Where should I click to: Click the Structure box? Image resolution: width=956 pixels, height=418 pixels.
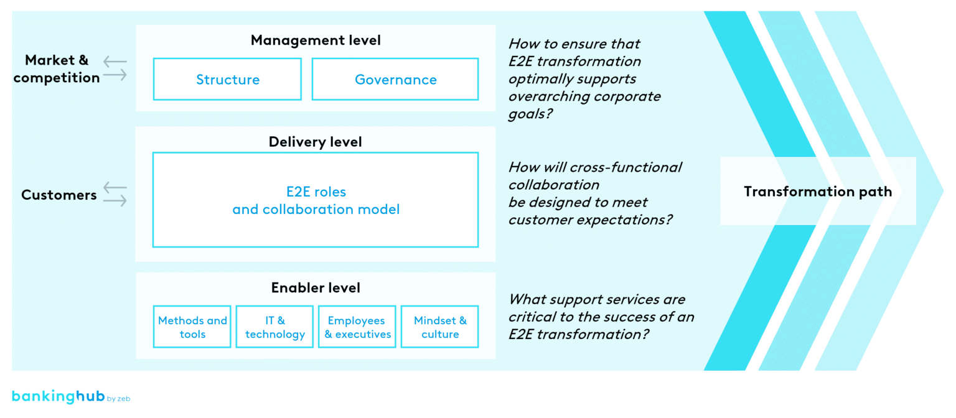pos(227,79)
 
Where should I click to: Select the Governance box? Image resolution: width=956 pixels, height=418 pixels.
pos(395,79)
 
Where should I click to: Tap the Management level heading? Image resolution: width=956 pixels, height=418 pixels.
pos(316,40)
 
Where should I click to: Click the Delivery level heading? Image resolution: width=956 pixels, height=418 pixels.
pos(316,142)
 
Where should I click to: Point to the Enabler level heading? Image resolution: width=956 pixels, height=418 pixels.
pos(316,288)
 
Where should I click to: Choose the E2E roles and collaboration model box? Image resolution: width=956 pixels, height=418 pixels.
pos(316,200)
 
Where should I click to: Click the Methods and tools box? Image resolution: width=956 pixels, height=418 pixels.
pos(192,327)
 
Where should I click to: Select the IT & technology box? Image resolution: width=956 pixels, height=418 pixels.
pos(274,327)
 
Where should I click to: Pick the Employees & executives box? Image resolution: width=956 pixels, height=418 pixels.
pos(357,327)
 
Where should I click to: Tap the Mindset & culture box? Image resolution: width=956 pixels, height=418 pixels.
pos(440,327)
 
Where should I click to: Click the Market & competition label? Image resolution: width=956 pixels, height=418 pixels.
pos(57,69)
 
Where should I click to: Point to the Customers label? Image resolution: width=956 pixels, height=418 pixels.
pos(59,195)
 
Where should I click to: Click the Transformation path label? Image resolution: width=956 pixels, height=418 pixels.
pos(818,192)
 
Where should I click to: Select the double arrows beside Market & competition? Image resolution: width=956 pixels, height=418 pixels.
pos(115,68)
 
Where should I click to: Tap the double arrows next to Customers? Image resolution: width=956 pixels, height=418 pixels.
pos(115,194)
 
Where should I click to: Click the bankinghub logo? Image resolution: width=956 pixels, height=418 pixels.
pos(57,397)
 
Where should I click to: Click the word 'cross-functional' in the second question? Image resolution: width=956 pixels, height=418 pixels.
pos(629,167)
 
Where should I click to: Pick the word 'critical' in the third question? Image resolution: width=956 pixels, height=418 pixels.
pos(530,317)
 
